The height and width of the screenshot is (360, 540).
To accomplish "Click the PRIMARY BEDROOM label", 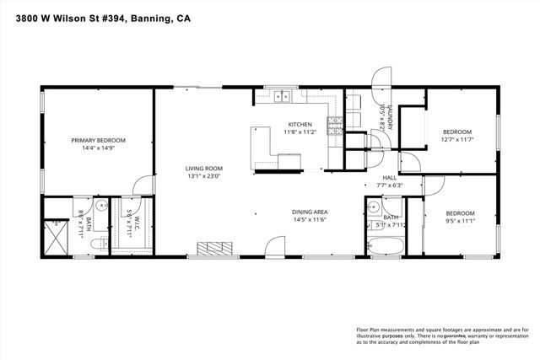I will tap(98, 140).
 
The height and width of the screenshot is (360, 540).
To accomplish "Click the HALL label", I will tap(389, 178).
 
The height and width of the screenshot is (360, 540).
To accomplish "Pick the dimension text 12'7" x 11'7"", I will tap(457, 139).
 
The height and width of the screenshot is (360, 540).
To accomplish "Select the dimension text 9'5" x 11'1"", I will tap(460, 221).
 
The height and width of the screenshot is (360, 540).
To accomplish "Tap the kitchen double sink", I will tap(281, 96).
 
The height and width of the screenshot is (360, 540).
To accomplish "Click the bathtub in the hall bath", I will tap(386, 247).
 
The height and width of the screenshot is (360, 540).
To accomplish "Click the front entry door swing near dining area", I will tap(275, 247).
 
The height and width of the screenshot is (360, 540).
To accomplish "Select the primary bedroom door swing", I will tap(143, 186).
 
